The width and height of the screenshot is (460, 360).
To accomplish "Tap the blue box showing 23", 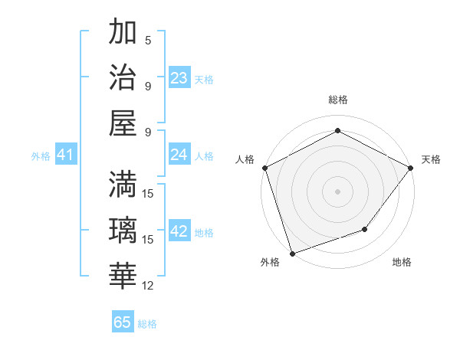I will (179, 77).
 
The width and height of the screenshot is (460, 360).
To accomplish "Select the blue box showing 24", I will (179, 155).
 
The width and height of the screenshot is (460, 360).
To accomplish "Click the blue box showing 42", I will (179, 231).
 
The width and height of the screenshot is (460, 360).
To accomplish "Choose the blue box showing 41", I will (65, 155).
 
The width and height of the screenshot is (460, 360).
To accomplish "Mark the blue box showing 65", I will (123, 322).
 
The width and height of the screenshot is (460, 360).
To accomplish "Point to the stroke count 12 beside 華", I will (149, 286).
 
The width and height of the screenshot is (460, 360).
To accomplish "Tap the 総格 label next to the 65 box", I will (147, 324).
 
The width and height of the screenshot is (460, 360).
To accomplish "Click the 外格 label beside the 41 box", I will (41, 156).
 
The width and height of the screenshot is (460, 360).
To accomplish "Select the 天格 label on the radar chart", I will (431, 159).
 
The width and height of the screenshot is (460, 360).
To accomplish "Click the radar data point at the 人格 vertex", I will (264, 167).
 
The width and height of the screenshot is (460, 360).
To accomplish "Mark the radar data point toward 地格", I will (366, 229).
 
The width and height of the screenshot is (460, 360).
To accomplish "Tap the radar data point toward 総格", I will (337, 131).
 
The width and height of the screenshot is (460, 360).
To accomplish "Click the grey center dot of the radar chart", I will (337, 191).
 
